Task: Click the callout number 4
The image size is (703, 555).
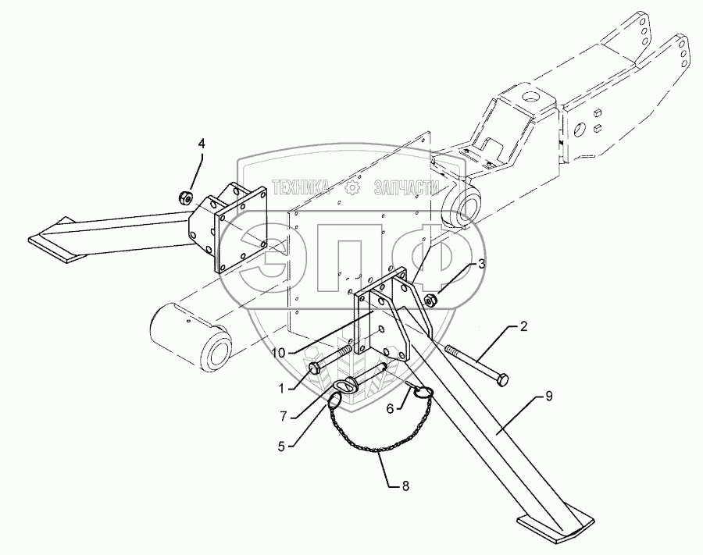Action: point(201,143)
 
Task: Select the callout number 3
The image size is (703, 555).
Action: point(482,265)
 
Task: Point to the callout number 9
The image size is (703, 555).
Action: point(548,397)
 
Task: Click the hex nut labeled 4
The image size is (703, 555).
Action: point(187,197)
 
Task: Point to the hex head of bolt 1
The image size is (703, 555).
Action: point(315,367)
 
